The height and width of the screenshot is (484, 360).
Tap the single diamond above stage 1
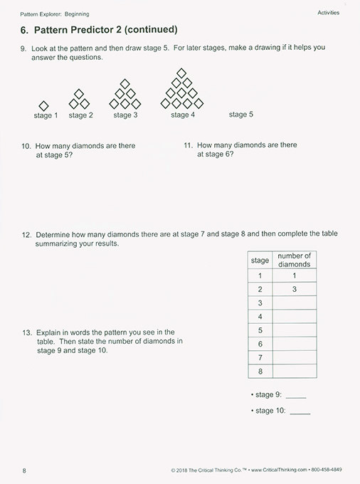(x=44, y=105)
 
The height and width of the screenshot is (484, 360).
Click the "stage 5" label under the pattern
(x=240, y=114)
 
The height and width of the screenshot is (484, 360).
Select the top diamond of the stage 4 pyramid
(x=181, y=73)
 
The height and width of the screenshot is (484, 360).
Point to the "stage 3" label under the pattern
(x=125, y=115)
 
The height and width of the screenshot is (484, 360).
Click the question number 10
(x=26, y=146)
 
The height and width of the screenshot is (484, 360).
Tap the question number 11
(x=188, y=145)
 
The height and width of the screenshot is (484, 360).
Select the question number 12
(x=26, y=233)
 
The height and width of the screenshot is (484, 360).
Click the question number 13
(x=26, y=332)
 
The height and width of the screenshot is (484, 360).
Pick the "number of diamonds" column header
(x=294, y=260)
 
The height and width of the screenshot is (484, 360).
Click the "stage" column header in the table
(x=260, y=261)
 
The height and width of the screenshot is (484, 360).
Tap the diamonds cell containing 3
(x=294, y=290)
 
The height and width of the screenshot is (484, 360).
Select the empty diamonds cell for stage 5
(x=294, y=330)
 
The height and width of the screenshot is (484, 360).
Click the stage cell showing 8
(x=260, y=371)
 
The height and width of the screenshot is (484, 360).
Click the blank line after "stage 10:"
(x=300, y=411)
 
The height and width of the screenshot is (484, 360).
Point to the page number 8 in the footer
(x=24, y=470)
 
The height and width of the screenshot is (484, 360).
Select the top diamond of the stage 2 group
(x=79, y=93)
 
